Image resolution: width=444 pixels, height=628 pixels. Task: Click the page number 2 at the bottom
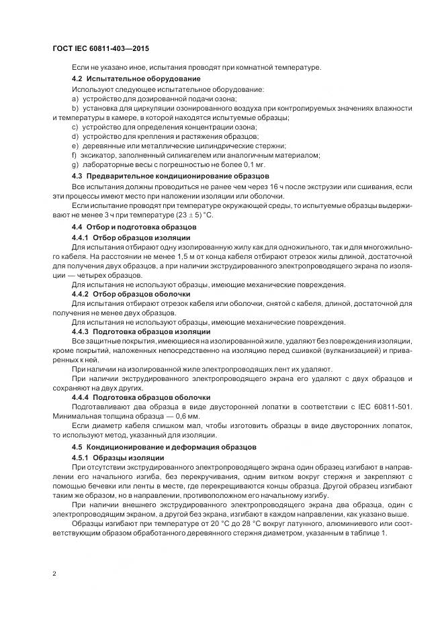click(x=54, y=574)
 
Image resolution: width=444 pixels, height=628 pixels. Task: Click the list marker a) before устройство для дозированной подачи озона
click(x=75, y=99)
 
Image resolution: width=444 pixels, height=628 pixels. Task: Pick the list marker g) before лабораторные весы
click(x=75, y=164)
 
